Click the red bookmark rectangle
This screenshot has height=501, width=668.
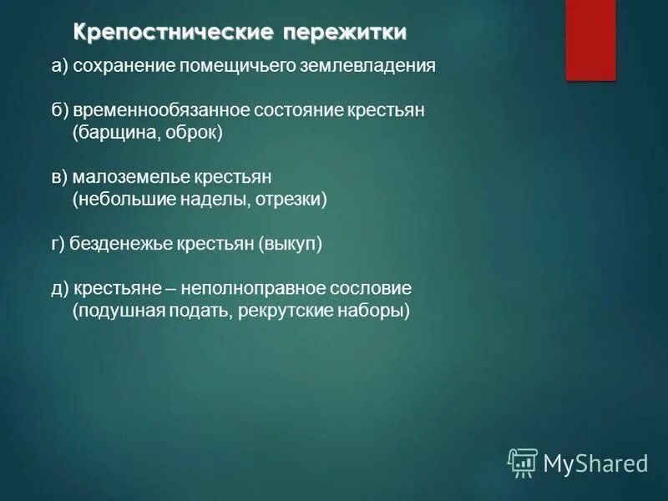tap(590, 40)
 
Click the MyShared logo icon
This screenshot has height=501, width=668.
tap(522, 463)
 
